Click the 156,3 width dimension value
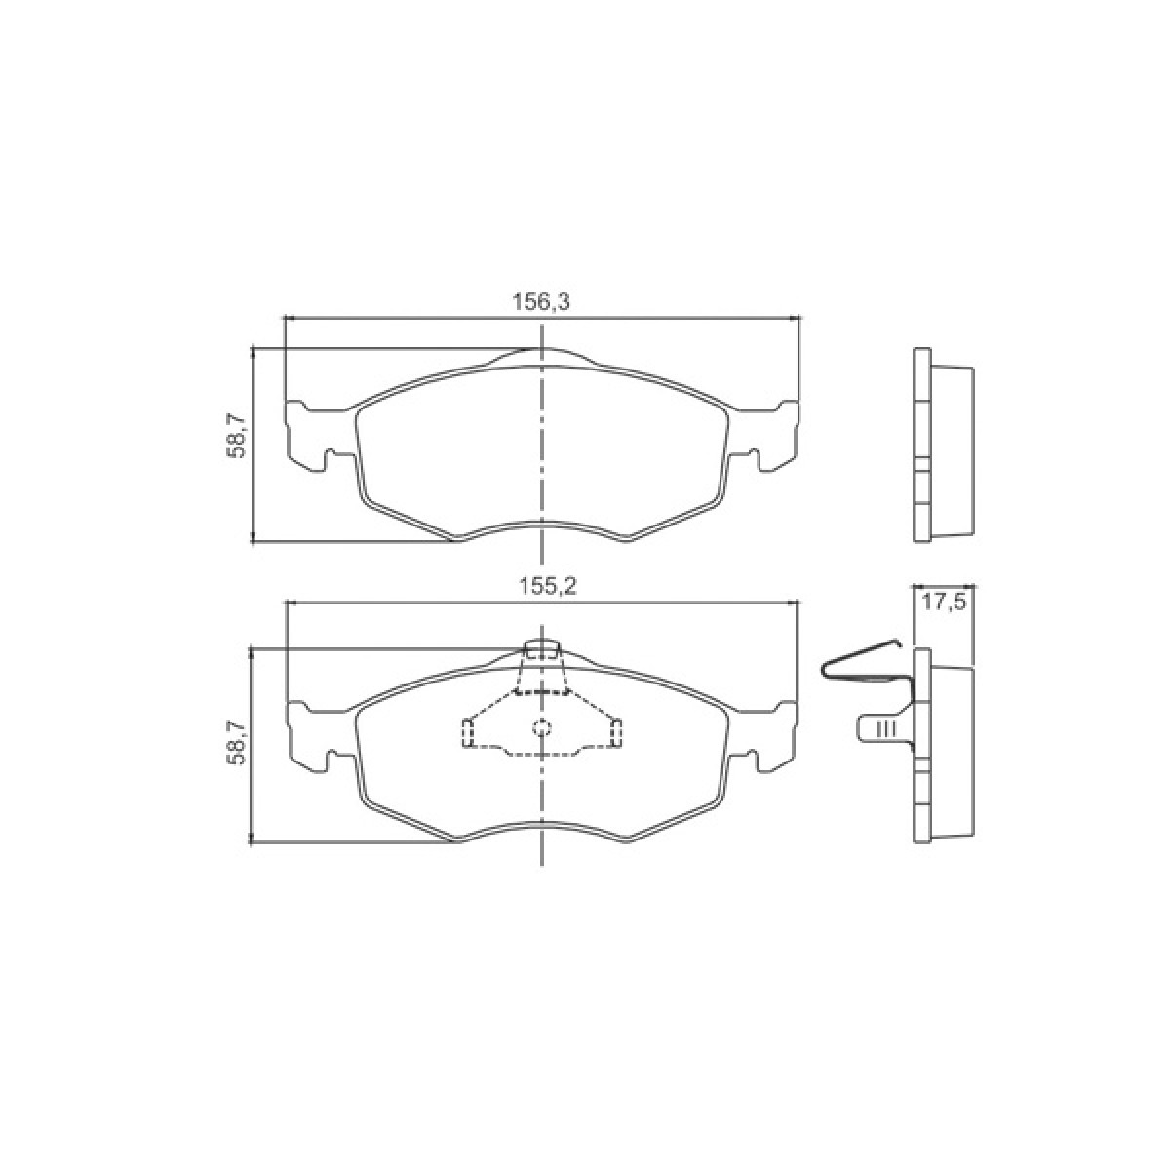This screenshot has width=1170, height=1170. point(541,301)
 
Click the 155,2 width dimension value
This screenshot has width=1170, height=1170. point(547,587)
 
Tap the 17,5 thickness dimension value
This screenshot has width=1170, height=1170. point(944,604)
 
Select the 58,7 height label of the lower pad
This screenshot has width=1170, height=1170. point(236,741)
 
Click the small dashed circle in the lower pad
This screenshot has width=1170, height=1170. point(541,726)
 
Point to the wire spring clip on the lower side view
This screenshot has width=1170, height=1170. point(865,666)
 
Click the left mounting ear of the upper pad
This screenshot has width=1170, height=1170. point(318,435)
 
